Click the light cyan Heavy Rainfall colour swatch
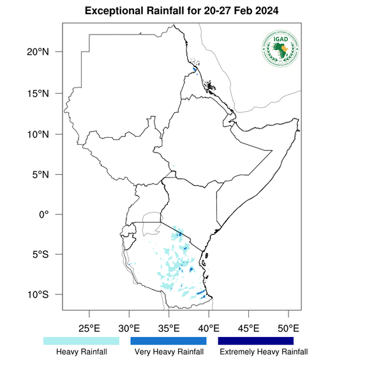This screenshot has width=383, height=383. pos(81,341)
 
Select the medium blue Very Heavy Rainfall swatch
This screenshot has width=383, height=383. pos(169,341)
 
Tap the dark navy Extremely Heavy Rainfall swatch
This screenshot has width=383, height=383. pos(256,341)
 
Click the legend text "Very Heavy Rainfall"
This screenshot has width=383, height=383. pos(169,352)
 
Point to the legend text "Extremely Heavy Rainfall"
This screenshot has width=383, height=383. pos(263,352)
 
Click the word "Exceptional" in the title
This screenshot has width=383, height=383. pos(114,12)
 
